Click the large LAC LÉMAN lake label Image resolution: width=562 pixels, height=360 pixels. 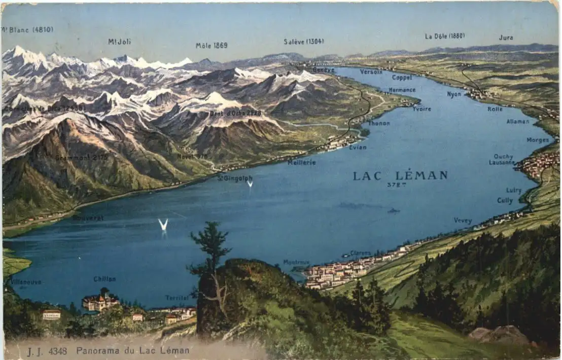click(400, 176)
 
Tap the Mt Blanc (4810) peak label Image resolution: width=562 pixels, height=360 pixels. click(28, 30)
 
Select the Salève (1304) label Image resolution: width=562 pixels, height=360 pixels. click(303, 42)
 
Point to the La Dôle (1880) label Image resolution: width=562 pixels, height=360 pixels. click(444, 36)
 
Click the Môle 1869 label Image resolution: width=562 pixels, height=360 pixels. click(212, 46)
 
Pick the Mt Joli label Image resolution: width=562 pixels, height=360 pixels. click(119, 42)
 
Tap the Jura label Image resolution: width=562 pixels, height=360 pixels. click(506, 38)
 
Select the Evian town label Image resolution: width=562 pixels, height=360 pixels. click(358, 147)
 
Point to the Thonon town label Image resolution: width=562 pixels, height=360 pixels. click(379, 123)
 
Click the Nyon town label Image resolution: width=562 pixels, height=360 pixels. click(454, 94)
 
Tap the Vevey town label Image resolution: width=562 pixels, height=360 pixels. click(463, 221)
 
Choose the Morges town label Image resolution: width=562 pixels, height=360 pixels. click(538, 140)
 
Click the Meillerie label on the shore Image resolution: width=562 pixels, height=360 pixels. click(302, 163)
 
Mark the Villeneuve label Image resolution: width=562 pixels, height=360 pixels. click(26, 282)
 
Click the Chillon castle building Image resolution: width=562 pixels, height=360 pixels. click(99, 302)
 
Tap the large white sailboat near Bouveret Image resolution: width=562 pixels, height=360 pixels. click(163, 225)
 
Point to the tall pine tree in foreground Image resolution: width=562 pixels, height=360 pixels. click(210, 264)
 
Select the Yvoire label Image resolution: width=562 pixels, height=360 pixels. click(421, 109)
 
